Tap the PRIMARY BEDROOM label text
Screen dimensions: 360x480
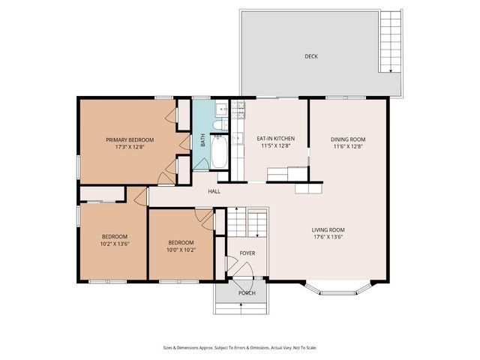130,140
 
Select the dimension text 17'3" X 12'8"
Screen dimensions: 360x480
130,147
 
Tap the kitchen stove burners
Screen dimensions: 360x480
240,112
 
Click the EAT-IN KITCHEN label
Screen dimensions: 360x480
275,139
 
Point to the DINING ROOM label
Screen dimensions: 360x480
348,139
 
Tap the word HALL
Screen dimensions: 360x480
214,191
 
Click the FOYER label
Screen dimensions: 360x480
247,253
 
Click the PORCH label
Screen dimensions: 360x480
247,293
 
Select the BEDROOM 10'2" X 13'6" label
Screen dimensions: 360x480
115,240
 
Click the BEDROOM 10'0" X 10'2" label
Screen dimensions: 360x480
181,246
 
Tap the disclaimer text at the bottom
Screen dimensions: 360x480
240,347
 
